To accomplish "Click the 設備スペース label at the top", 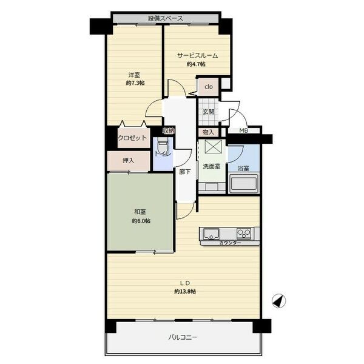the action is point(166,18).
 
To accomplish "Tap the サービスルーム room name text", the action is point(197,56).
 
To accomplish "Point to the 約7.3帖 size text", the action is point(135,83).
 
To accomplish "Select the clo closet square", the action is point(209,87).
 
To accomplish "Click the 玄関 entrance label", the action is point(209,112).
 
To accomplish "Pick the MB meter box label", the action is point(243,130).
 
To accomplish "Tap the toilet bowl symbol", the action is point(163,147).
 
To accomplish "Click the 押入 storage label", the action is point(129,160).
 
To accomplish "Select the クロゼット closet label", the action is point(132,138).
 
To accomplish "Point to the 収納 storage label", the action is point(168,131).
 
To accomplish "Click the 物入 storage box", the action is point(208,132).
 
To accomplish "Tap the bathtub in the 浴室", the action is point(243,183).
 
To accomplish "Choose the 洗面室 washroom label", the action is point(212,166).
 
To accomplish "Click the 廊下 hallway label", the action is point(185,172).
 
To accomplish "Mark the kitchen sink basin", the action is point(211,234).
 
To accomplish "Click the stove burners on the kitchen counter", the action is point(244,234).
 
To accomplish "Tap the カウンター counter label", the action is point(231,243).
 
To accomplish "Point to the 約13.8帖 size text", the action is point(185,292).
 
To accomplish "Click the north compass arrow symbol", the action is point(279,301).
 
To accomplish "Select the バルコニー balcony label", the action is point(183,337).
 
